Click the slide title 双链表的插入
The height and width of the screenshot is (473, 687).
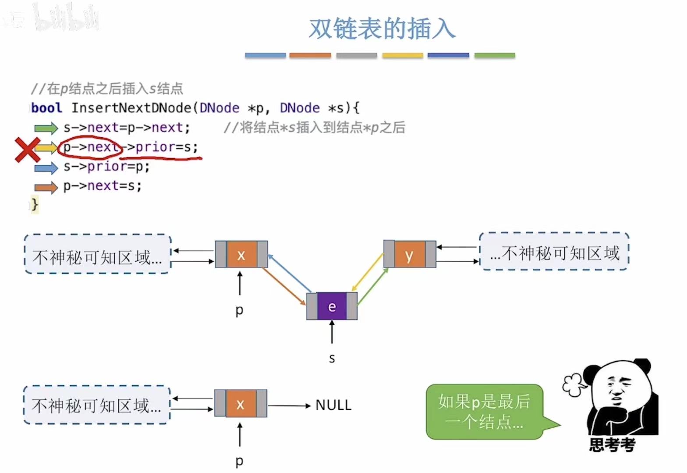(382, 28)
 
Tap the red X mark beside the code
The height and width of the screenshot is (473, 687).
(27, 149)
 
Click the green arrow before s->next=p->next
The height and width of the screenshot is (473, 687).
(46, 128)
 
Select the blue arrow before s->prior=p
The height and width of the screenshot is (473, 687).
(46, 167)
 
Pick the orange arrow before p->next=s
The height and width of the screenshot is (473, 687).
(46, 187)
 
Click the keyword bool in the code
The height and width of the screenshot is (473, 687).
(47, 108)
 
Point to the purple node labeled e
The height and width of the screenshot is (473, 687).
(332, 306)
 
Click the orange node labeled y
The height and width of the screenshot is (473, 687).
(409, 254)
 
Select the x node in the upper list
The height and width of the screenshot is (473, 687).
(241, 254)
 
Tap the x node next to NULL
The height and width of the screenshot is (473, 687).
(240, 403)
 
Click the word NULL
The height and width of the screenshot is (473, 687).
(333, 405)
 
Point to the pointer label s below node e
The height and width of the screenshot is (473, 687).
(332, 358)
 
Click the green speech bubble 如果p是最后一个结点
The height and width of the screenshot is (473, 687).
(485, 412)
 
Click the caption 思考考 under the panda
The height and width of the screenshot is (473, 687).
(612, 445)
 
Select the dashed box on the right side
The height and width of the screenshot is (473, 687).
(554, 252)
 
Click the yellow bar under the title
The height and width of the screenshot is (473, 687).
(402, 55)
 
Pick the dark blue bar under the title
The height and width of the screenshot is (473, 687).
(448, 55)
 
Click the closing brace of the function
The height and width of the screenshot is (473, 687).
(35, 204)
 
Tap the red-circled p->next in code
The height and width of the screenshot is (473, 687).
(90, 147)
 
